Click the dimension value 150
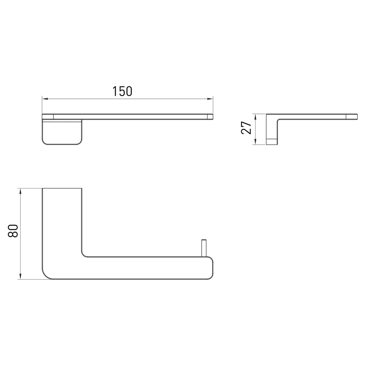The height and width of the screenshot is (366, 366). click(122, 91)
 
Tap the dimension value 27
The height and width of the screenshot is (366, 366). click(246, 128)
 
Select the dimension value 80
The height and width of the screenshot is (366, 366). click(13, 231)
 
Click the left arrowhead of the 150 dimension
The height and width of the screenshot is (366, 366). click(45, 99)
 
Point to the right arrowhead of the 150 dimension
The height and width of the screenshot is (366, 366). click(210, 99)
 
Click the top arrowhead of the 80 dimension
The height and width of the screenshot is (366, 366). click(20, 192)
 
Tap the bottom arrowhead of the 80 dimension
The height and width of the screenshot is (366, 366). click(20, 276)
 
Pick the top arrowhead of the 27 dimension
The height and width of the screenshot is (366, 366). click(255, 117)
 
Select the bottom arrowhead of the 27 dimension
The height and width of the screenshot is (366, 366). click(255, 142)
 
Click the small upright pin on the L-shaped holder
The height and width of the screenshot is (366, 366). click(204, 248)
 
